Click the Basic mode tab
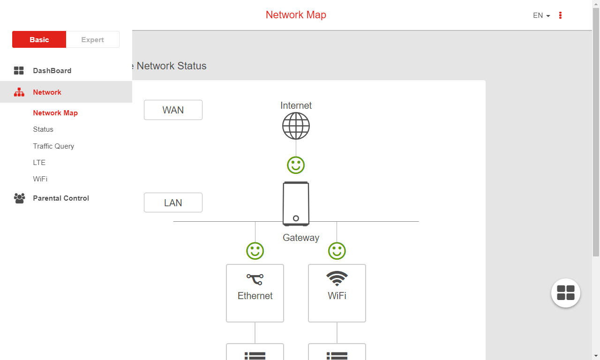coord(39,40)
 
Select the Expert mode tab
coord(92,40)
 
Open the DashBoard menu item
coord(52,71)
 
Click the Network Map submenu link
coord(55,113)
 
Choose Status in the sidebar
coord(43,129)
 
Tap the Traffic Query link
coord(53,146)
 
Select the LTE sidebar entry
coord(39,163)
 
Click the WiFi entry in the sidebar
coord(40,179)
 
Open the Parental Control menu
coord(61,198)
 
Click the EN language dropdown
coord(541,15)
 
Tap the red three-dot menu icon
coord(560,15)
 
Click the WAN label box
coord(173,110)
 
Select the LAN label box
coord(173,203)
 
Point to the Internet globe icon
coord(296,126)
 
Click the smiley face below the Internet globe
coord(296,165)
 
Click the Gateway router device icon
coord(296,204)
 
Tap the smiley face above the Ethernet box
coord(255,251)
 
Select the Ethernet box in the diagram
coord(255,293)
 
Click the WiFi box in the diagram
coord(337,293)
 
